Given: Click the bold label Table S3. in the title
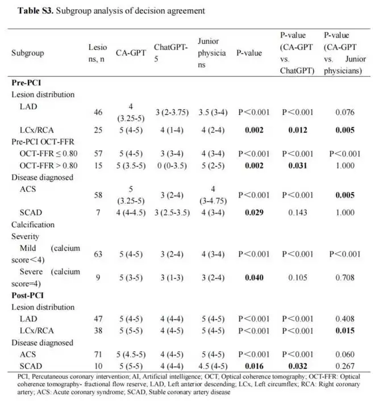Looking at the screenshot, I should point(28,11).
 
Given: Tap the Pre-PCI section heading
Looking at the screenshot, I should point(26,83).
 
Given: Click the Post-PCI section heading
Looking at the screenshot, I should point(28,296).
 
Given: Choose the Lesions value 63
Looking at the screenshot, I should point(98,254).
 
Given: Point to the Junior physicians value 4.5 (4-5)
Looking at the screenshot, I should point(212,365).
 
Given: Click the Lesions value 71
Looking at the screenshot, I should point(98,354).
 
